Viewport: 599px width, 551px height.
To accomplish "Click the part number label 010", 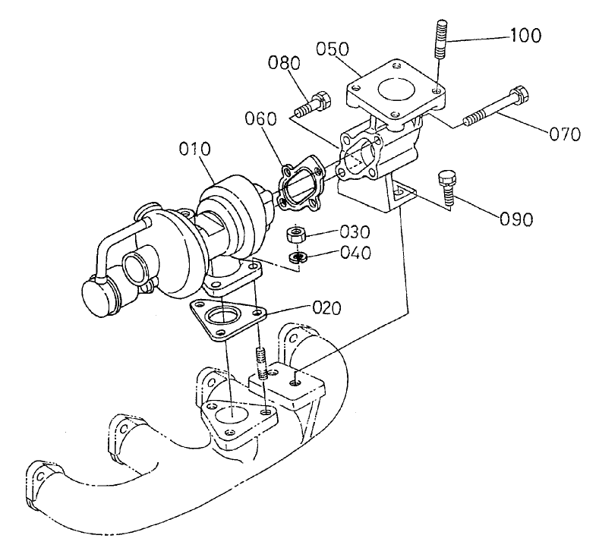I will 194,150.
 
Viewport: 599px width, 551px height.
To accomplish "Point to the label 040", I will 355,253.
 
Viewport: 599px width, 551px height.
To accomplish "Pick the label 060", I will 262,119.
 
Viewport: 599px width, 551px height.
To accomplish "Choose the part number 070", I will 565,134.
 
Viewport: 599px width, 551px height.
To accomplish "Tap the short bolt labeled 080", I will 311,104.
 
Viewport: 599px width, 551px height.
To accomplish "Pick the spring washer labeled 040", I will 299,257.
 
